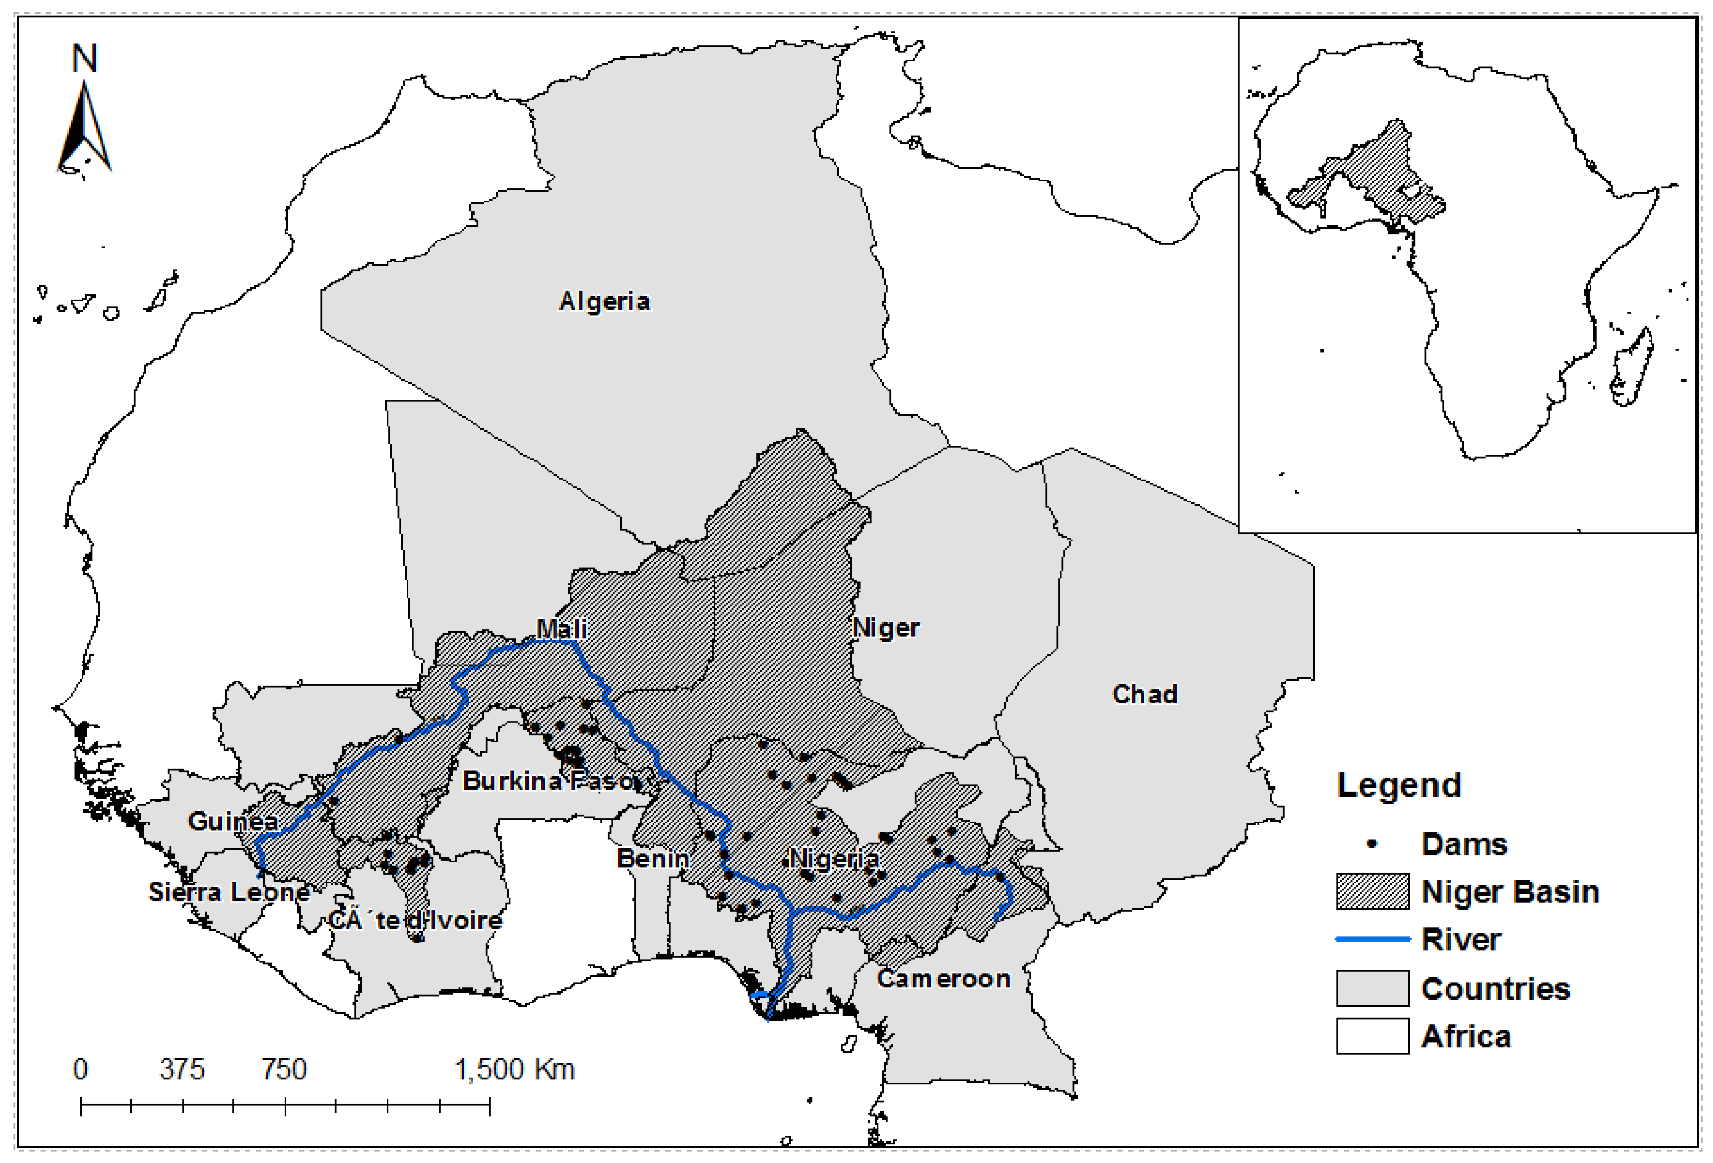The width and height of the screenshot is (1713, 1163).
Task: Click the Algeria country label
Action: coord(604,301)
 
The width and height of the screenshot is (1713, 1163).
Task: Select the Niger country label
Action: coord(885,628)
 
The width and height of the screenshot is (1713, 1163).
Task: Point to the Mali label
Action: coord(562,629)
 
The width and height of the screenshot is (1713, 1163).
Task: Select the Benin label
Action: coord(653,859)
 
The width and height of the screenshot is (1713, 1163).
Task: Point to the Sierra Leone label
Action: coord(229,893)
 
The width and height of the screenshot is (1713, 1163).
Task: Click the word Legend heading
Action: coord(1398,785)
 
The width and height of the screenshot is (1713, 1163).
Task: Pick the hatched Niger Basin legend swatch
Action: coord(1372,892)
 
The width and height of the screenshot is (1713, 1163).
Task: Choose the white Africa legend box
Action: coord(1372,1036)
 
